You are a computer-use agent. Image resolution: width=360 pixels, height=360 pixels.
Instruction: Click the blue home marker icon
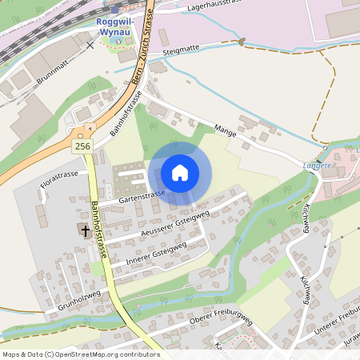(180, 173)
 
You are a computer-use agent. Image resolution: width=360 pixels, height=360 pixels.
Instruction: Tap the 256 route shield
(82, 146)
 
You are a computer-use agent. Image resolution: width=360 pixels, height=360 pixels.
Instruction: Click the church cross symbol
(83, 230)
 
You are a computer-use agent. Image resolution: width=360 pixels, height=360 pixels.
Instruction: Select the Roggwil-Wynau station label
(118, 25)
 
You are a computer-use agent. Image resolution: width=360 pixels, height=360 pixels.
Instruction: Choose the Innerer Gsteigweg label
(157, 254)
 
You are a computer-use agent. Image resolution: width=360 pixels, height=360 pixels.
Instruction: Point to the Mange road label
(225, 130)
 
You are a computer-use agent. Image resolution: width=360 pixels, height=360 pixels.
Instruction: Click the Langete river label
(318, 165)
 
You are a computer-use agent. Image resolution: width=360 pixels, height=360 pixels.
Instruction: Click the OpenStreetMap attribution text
(81, 354)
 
